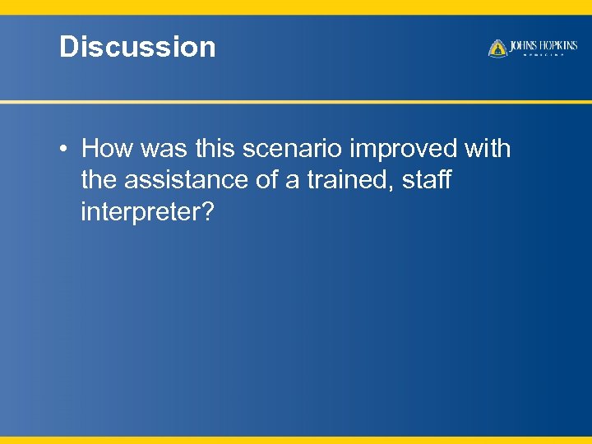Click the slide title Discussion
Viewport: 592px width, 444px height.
coord(137,47)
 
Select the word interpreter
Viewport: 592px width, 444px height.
coord(139,212)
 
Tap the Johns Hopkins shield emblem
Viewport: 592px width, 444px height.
coord(497,49)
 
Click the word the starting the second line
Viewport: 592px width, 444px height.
coord(99,180)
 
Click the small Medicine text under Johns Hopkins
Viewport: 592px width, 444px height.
coord(543,56)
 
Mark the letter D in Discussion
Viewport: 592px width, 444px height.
coord(68,47)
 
